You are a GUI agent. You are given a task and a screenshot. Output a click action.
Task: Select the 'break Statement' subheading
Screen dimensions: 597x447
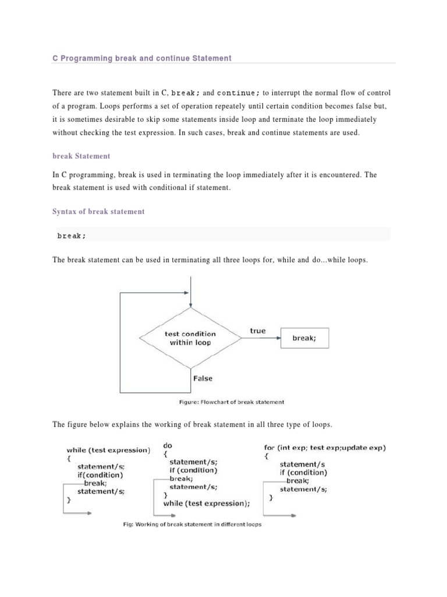[81, 156]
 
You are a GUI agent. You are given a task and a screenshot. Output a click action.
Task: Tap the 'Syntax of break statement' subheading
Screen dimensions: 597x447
[98, 212]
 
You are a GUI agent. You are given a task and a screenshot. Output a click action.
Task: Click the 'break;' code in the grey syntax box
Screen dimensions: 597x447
[72, 236]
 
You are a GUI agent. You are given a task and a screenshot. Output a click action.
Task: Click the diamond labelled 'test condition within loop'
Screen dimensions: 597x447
[190, 338]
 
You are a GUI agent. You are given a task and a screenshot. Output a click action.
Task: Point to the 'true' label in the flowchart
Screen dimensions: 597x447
[258, 331]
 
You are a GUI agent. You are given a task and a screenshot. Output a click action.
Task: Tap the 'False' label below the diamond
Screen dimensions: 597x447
[203, 378]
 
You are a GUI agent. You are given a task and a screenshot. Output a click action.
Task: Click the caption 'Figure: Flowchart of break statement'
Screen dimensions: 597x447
[231, 402]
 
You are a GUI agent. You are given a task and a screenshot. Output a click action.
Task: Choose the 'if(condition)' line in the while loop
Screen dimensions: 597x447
[100, 475]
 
